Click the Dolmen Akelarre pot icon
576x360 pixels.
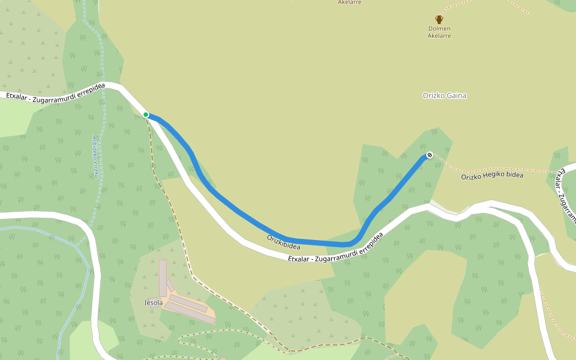tap(439, 20)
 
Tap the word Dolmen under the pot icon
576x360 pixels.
tap(439, 28)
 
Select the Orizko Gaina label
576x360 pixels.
tap(444, 95)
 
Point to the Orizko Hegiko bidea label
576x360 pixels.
tap(492, 175)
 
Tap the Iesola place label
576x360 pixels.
tap(154, 302)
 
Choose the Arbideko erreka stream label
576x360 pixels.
tap(95, 157)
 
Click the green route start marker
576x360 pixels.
tap(146, 115)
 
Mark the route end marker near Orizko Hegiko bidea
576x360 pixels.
tap(430, 155)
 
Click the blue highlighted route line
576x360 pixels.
tap(240, 212)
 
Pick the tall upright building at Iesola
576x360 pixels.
tap(163, 277)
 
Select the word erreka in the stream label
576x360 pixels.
tap(95, 169)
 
